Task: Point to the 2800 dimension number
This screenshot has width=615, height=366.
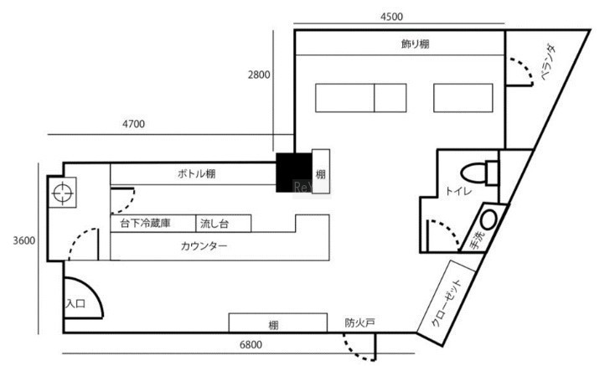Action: click(259, 75)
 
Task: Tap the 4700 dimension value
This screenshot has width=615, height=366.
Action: click(134, 124)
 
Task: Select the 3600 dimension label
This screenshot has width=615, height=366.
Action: click(23, 241)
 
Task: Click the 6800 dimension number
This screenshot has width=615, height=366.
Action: click(251, 344)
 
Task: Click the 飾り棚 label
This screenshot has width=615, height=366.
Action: click(416, 43)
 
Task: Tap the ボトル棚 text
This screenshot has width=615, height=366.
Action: click(196, 174)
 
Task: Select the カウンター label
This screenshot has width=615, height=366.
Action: click(204, 246)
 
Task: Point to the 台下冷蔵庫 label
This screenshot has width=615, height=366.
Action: click(145, 224)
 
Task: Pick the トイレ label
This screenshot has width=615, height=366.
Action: click(457, 192)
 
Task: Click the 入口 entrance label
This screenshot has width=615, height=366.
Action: click(75, 302)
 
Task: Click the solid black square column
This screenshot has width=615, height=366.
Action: click(295, 172)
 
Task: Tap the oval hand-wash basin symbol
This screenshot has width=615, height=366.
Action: click(489, 221)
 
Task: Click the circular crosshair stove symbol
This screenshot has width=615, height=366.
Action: click(62, 193)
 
